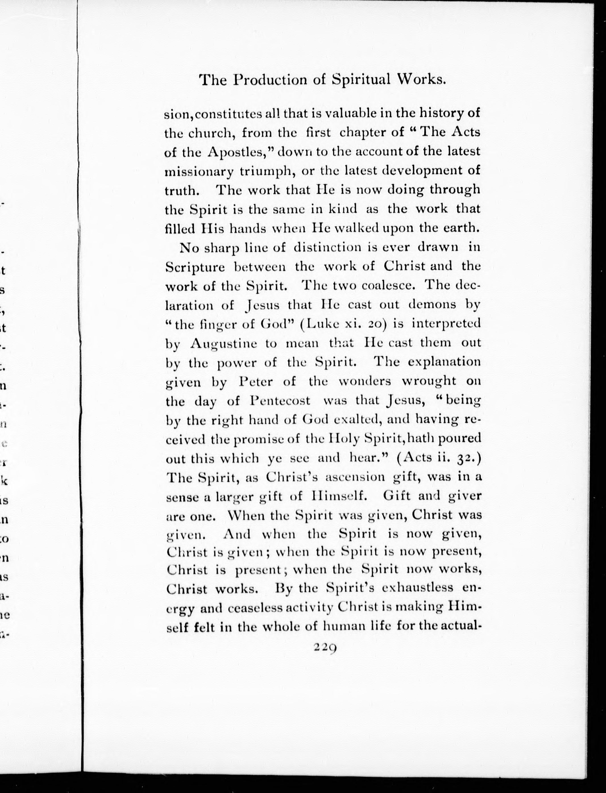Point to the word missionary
pyautogui.click(x=200, y=172)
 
